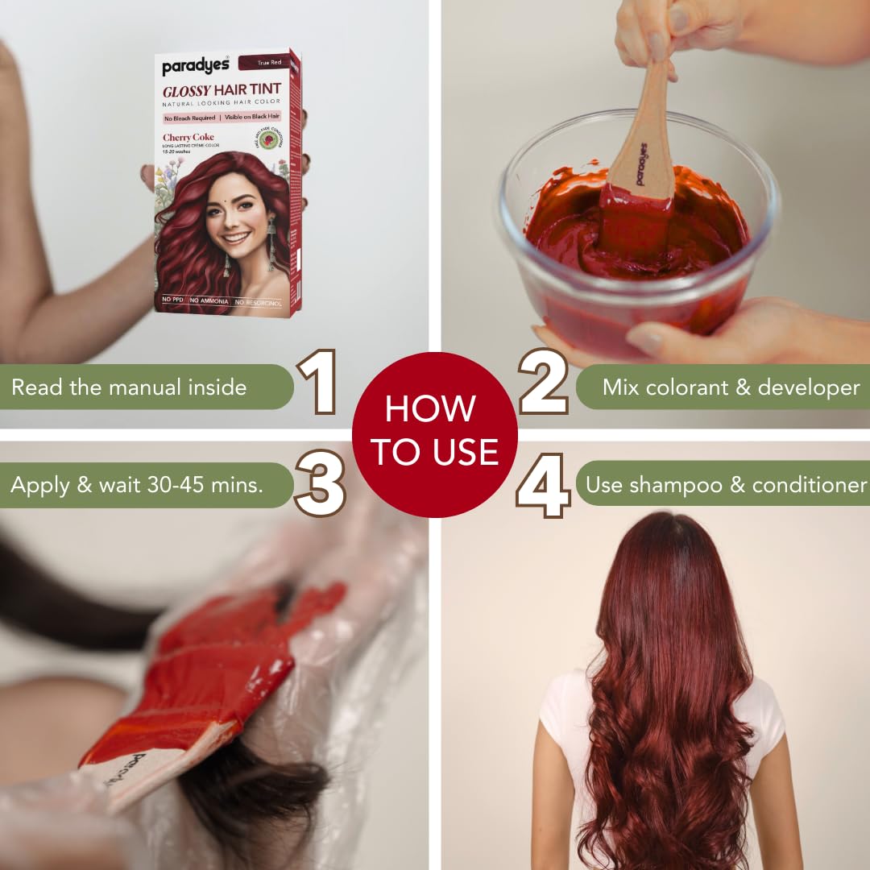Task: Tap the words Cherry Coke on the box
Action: [188, 137]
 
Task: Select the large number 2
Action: [544, 382]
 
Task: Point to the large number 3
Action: [320, 483]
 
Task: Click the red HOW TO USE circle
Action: [435, 434]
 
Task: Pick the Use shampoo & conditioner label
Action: [725, 484]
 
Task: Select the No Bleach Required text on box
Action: [189, 118]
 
